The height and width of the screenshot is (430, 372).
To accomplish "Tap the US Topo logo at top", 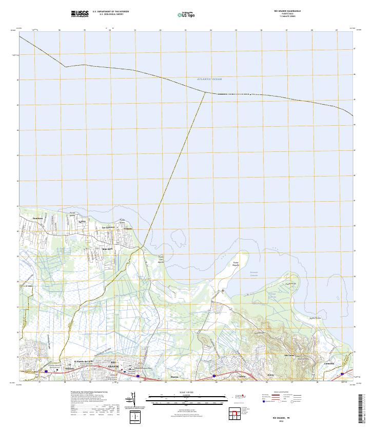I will [186, 14].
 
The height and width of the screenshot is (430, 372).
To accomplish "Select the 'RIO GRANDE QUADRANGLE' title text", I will [287, 11].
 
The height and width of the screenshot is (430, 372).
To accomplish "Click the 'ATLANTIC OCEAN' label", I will [209, 79].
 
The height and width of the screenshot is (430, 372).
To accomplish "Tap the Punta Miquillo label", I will [236, 264].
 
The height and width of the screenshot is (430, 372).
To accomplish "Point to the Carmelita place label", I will [329, 364].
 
